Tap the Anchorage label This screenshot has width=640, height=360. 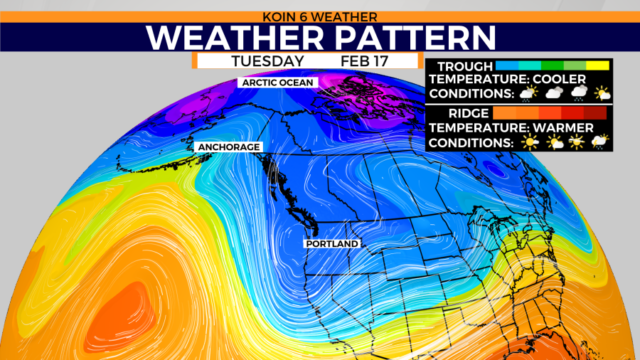tap(230, 148)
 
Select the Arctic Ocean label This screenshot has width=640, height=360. tap(276, 82)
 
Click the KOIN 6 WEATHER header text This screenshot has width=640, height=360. tap(320, 14)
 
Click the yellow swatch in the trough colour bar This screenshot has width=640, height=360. tap(598, 67)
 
